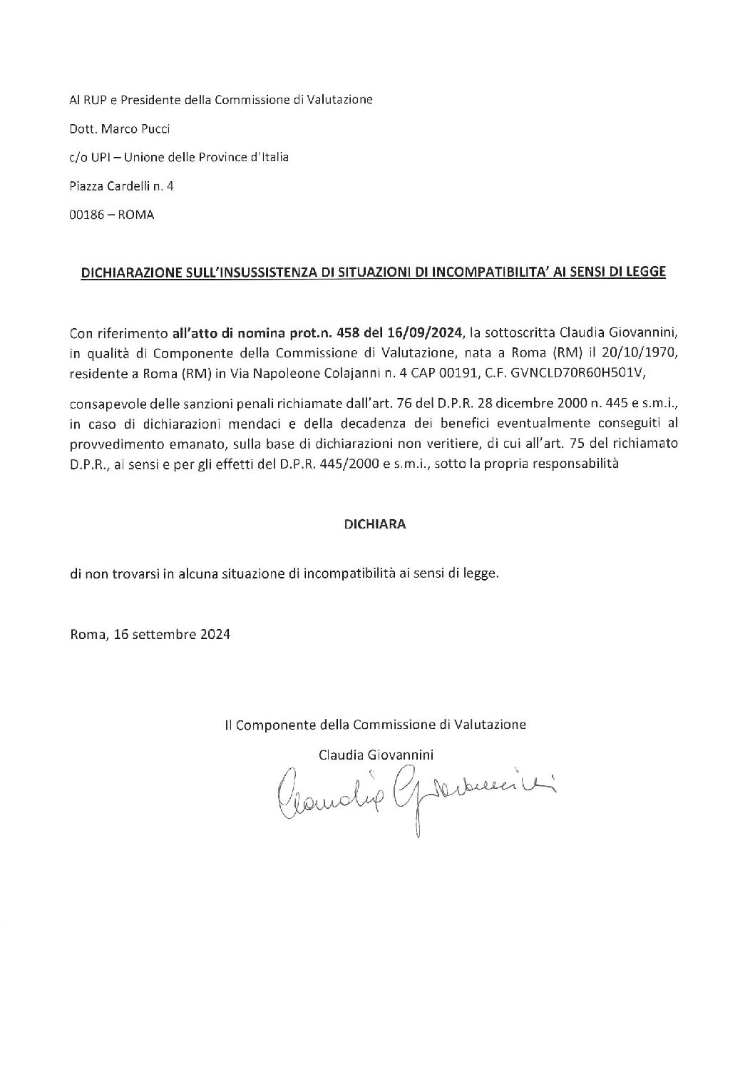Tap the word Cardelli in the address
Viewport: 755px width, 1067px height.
tap(126, 186)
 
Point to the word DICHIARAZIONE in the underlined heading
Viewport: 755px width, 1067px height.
tap(123, 272)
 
